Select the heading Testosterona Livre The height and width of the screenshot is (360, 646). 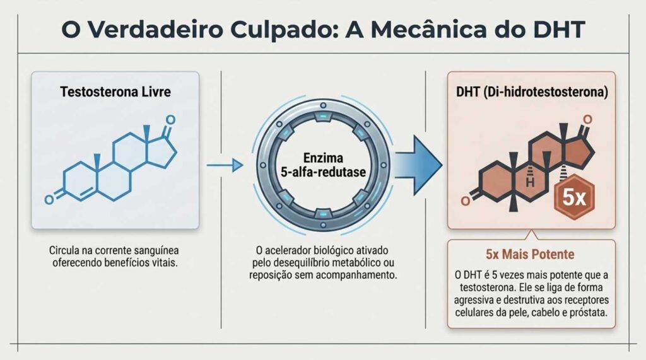(x=115, y=91)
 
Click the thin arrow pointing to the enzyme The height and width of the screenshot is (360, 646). (x=225, y=165)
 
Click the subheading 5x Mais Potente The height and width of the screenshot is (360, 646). (x=530, y=255)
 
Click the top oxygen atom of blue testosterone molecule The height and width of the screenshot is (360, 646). (x=169, y=120)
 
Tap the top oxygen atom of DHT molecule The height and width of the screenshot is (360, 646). (x=587, y=119)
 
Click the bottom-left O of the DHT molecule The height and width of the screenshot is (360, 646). (x=466, y=201)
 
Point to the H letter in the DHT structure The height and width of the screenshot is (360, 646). (x=531, y=182)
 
